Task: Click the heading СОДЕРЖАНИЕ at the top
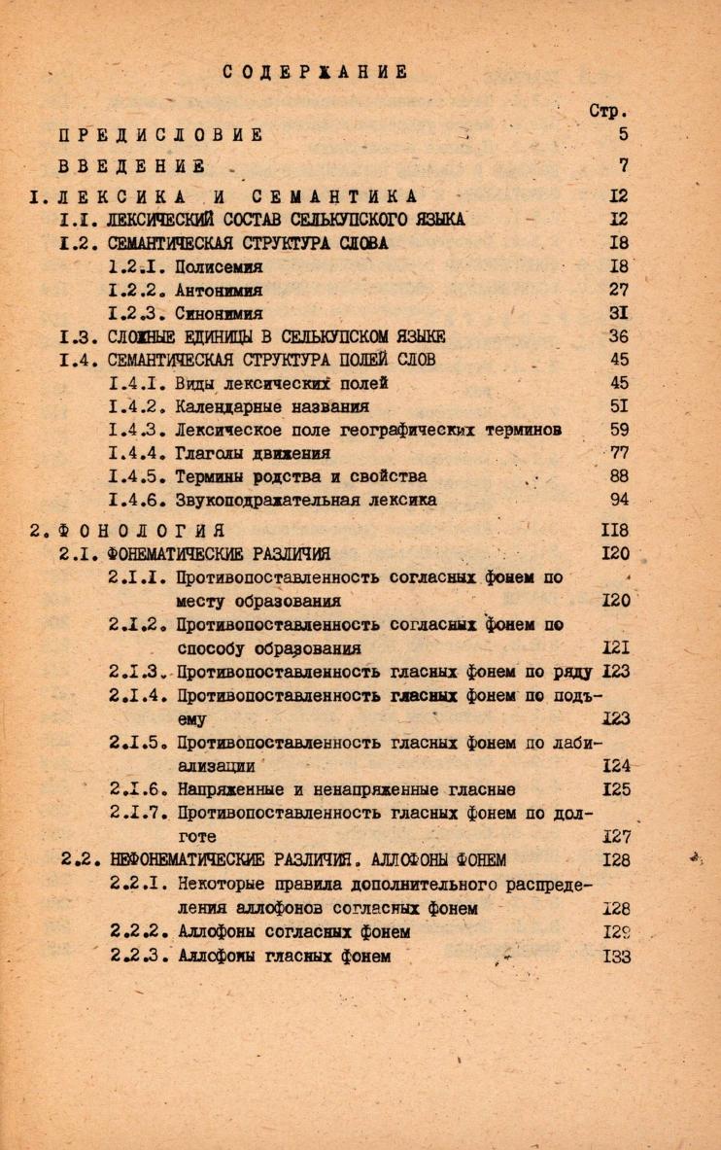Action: pyautogui.click(x=315, y=71)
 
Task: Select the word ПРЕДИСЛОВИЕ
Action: pyautogui.click(x=160, y=134)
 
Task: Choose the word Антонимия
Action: pyautogui.click(x=221, y=290)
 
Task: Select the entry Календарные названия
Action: pyautogui.click(x=273, y=406)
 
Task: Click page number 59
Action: pyautogui.click(x=618, y=429)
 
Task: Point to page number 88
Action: pyautogui.click(x=618, y=476)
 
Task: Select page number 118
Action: pyautogui.click(x=616, y=530)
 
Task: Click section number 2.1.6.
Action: pyautogui.click(x=140, y=789)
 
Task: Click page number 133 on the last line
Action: pyautogui.click(x=616, y=957)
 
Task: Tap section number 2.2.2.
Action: pyautogui.click(x=140, y=932)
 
